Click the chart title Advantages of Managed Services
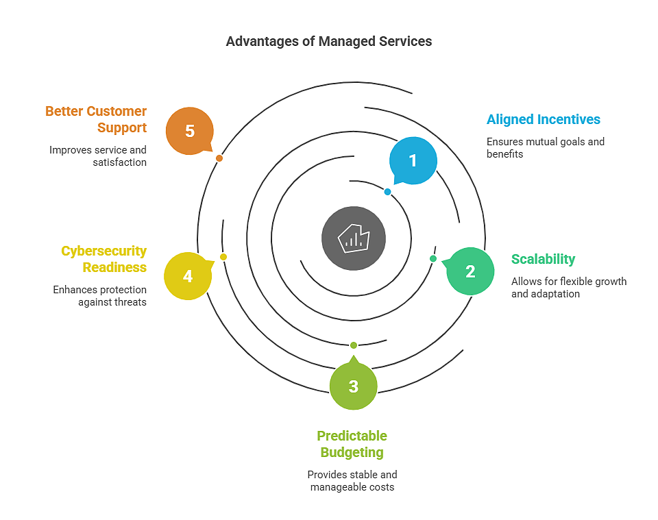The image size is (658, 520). click(329, 41)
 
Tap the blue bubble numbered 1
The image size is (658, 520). click(413, 160)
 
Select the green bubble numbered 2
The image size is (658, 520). click(470, 271)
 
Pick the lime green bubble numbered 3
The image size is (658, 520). click(353, 386)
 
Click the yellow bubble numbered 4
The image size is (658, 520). click(188, 276)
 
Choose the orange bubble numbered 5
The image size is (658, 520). click(190, 131)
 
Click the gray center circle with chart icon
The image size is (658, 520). click(354, 238)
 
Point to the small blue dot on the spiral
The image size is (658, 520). click(387, 192)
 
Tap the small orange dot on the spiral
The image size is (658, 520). click(219, 158)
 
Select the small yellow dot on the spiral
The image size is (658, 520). click(223, 257)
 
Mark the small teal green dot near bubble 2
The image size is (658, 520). click(433, 258)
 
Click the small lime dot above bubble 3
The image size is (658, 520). click(354, 345)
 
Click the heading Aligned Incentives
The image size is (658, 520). click(543, 119)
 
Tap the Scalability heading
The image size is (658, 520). click(543, 259)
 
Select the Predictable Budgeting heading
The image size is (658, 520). click(352, 444)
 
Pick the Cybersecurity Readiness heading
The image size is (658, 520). click(104, 259)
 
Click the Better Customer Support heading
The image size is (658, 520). click(96, 119)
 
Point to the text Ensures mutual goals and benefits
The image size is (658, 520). click(545, 148)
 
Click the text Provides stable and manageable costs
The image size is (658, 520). click(352, 481)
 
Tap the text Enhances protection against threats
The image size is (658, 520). click(100, 296)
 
